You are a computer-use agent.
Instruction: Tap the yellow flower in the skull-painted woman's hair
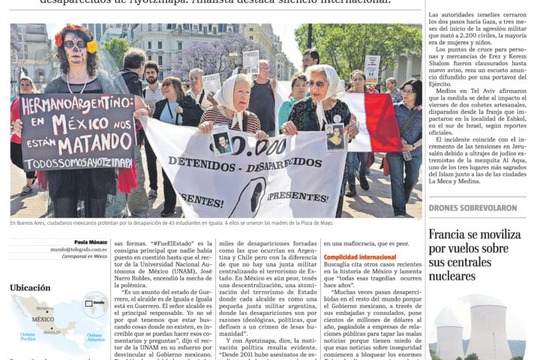(92, 47)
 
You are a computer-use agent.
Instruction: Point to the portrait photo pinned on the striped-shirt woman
(221, 142)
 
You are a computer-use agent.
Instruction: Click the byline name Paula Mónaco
(91, 242)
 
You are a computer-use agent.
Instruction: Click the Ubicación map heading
(30, 287)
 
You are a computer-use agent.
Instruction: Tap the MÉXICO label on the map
(43, 319)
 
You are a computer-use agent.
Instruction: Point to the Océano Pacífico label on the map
(28, 337)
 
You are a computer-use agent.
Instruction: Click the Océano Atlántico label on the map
(94, 337)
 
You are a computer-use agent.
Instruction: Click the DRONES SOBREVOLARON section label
(472, 208)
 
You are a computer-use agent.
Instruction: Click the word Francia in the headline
(447, 235)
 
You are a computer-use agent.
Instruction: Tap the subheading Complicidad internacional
(359, 257)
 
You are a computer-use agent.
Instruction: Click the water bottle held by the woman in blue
(406, 153)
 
